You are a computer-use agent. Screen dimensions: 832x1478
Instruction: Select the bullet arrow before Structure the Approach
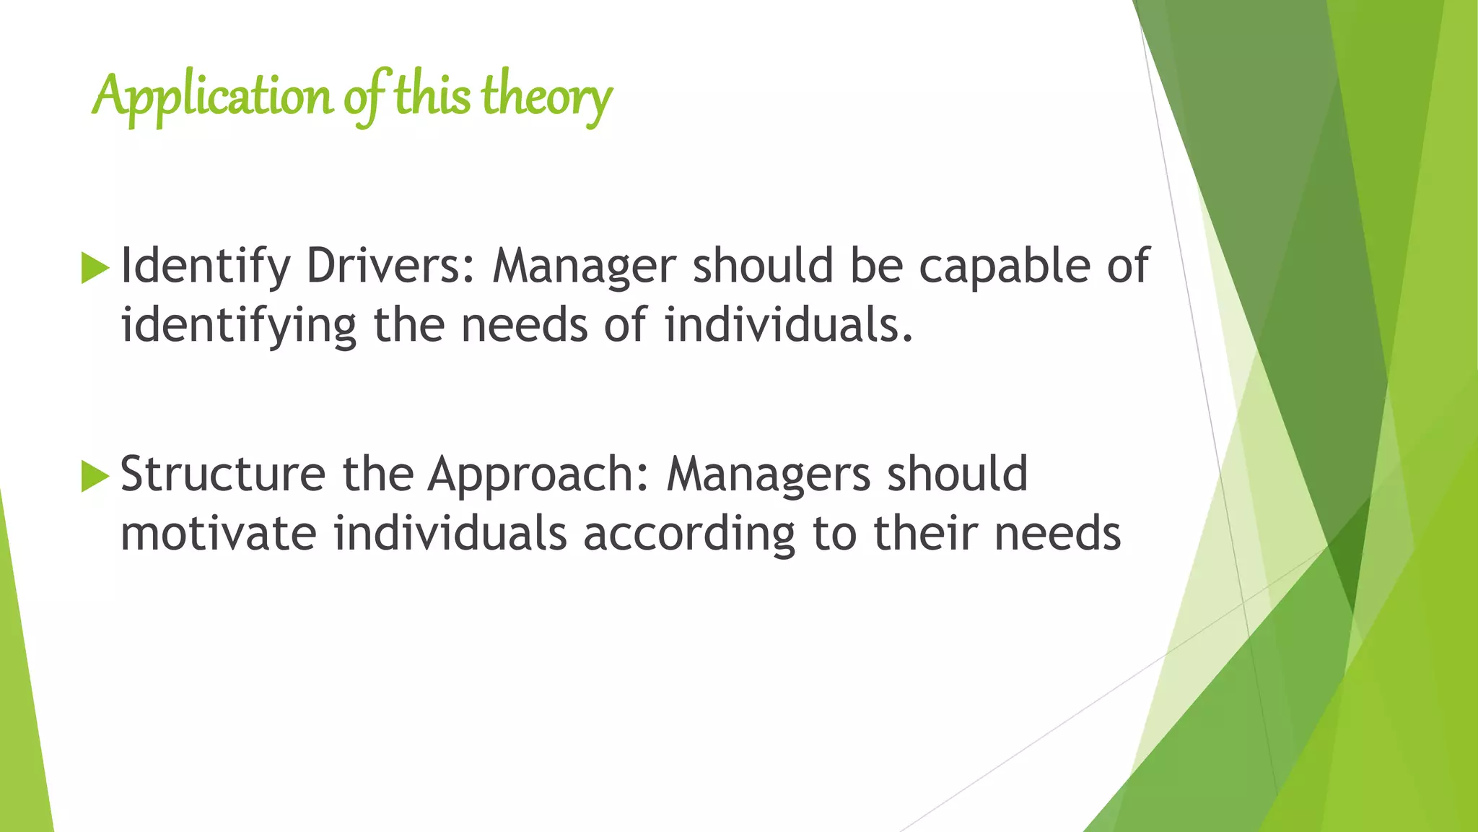tap(95, 476)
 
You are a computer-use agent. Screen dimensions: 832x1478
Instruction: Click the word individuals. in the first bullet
tap(789, 325)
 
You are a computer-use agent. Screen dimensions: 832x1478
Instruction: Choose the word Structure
tap(222, 474)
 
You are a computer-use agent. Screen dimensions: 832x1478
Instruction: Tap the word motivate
tap(218, 534)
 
